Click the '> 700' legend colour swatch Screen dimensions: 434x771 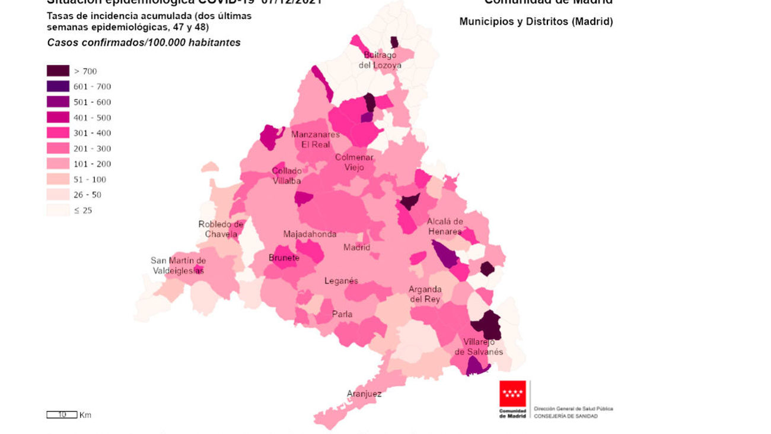point(58,71)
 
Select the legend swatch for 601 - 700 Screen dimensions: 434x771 point(58,87)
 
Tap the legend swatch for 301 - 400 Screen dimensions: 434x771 point(58,133)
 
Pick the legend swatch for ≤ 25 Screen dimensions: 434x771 point(58,210)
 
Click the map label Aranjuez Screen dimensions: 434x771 point(364,394)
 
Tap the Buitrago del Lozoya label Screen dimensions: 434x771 point(380,60)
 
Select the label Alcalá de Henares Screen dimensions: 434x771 point(445,226)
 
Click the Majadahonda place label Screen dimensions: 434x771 point(310,234)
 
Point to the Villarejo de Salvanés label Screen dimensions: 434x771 point(479,347)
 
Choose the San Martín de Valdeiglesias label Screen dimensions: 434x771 point(178,265)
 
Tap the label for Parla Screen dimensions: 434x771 point(342,314)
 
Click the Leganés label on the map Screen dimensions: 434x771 point(341,281)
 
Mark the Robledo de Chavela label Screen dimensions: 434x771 point(221,229)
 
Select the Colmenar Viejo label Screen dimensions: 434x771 point(354,163)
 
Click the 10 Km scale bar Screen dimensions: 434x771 point(62,415)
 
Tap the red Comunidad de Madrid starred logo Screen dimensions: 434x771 point(512,394)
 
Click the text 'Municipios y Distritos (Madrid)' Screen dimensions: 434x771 point(536,22)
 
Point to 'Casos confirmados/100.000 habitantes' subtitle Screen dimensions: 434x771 point(144,43)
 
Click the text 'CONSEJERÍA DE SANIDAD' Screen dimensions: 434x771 point(566,416)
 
